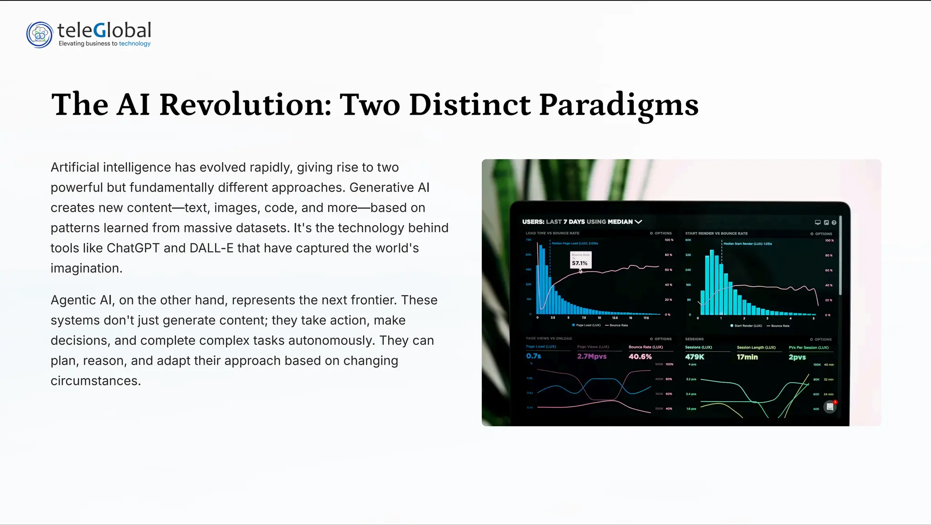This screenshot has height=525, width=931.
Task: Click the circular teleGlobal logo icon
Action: (40, 35)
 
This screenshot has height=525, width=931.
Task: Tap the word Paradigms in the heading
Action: (619, 105)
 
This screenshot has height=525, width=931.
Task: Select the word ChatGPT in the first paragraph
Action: (133, 248)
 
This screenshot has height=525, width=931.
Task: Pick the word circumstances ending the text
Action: (95, 381)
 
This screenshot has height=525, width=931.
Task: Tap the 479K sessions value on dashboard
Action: (695, 357)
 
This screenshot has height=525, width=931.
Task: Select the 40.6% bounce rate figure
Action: (640, 357)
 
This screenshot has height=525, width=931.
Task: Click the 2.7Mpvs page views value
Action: (592, 357)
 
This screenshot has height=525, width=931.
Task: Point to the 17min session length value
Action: (747, 357)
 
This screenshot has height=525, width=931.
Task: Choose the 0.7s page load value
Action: (534, 356)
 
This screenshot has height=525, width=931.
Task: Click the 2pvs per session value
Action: (797, 357)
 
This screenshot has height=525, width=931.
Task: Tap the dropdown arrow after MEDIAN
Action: (639, 222)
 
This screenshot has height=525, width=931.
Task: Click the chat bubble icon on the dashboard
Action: (830, 407)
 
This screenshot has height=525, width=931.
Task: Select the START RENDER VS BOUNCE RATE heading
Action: (716, 233)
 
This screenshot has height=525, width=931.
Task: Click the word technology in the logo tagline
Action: (135, 44)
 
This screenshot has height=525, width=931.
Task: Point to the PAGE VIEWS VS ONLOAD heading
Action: (549, 338)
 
